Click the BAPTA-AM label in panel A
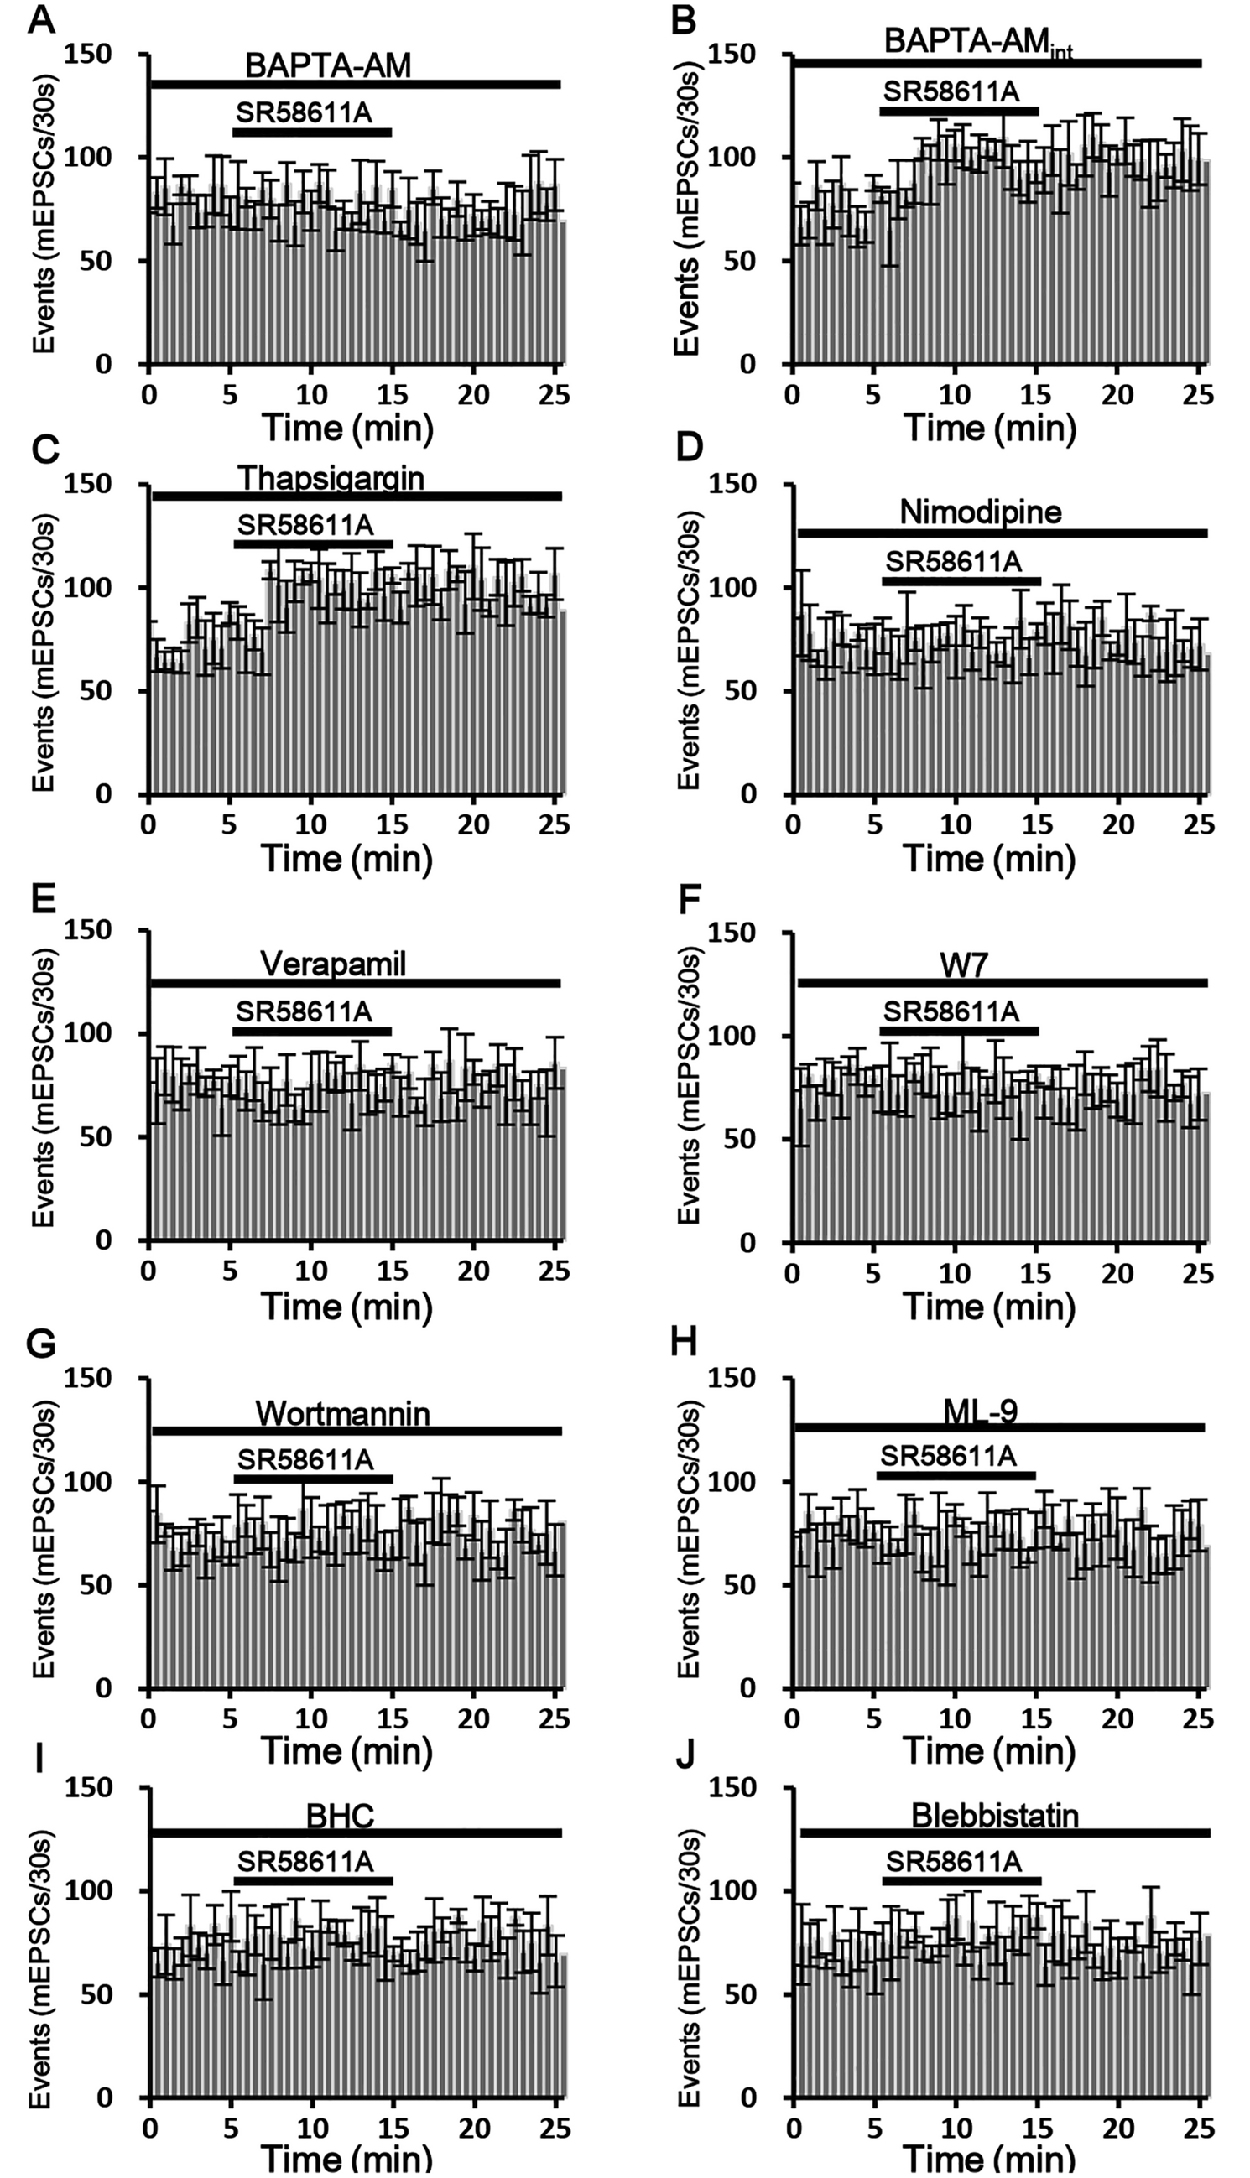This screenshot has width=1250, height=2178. point(328,66)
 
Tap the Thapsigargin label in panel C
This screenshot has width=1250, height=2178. point(331,478)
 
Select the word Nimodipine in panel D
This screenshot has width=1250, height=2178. point(981,512)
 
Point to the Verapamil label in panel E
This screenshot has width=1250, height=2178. point(332,964)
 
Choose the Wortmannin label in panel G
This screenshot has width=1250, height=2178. point(341,1412)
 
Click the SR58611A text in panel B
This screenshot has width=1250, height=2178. point(951,91)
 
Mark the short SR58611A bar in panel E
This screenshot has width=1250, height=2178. point(311,1032)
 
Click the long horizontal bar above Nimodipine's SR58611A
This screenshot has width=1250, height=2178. point(1001,533)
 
